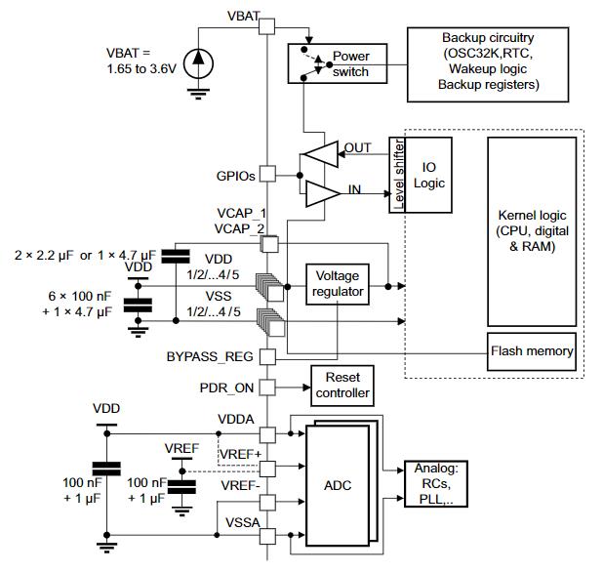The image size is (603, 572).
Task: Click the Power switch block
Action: (338, 63)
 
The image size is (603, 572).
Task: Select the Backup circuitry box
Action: (488, 64)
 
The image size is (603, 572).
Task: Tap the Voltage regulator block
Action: (338, 284)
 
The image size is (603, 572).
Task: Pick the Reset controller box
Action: (342, 386)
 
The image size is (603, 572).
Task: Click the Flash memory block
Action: (532, 351)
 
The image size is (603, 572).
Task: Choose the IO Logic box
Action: (428, 175)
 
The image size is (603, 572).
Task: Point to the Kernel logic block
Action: (532, 231)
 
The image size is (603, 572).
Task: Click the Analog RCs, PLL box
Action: (436, 484)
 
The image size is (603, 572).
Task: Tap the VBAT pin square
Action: (267, 26)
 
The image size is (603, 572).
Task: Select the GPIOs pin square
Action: (267, 174)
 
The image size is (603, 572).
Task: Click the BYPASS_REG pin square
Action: (267, 357)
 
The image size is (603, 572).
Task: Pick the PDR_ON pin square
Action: (267, 388)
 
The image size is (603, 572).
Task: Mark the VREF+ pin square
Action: (267, 469)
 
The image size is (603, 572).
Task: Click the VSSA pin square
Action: (267, 536)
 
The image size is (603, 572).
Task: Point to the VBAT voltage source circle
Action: (198, 63)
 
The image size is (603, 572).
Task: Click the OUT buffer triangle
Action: (321, 154)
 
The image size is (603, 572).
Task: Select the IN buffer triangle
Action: (323, 193)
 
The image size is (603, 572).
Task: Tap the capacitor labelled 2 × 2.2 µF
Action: (176, 256)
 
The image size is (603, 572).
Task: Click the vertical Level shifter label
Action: (398, 175)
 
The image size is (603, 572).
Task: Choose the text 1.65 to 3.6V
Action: (141, 69)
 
